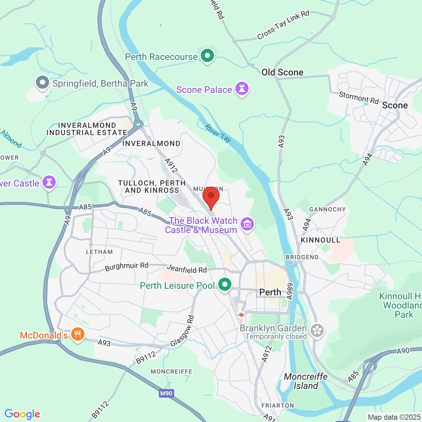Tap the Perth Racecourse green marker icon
[x=207, y=56]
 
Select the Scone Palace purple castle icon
[x=242, y=89]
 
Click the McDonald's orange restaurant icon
[x=77, y=334]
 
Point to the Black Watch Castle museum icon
[x=247, y=224]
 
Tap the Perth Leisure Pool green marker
[x=225, y=285]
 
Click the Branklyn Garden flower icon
[x=317, y=331]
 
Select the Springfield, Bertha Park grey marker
[x=43, y=83]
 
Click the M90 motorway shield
[x=166, y=393]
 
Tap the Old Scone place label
[x=282, y=73]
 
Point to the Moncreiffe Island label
[x=306, y=381]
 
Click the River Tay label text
[x=218, y=133]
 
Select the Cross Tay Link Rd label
[x=283, y=25]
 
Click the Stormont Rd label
[x=359, y=98]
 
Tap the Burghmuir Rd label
[x=127, y=266]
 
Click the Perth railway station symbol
[x=241, y=315]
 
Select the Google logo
[x=22, y=414]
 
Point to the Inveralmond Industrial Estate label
[x=87, y=129]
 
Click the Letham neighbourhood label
[x=99, y=252]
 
